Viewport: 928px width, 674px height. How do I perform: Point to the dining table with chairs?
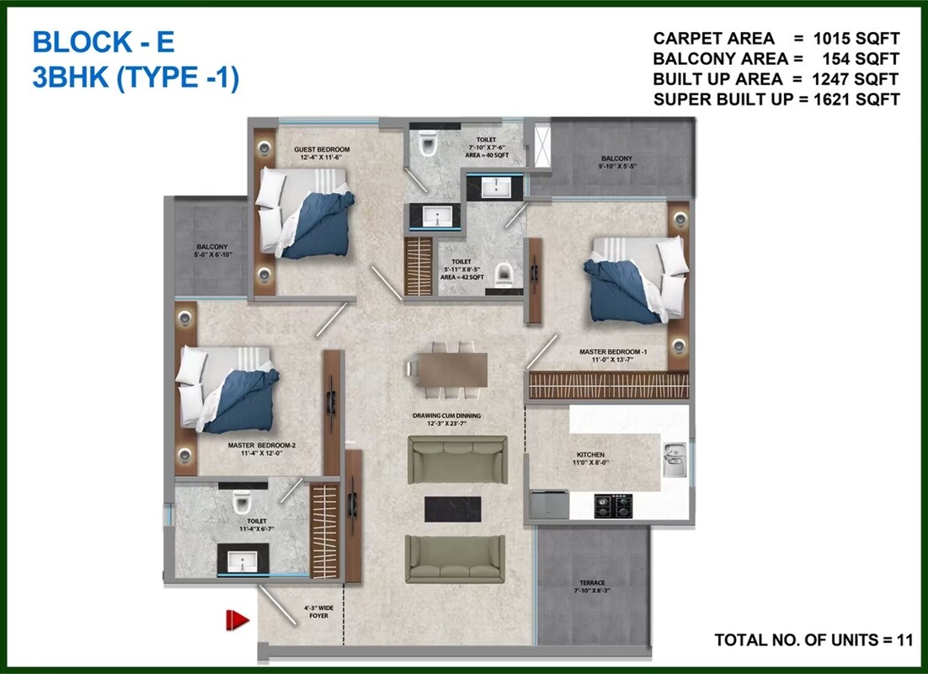click(x=446, y=368)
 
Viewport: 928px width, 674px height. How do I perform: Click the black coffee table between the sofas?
click(x=452, y=507)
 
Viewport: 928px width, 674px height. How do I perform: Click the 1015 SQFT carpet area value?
click(x=856, y=39)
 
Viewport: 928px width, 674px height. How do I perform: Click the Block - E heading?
click(x=103, y=41)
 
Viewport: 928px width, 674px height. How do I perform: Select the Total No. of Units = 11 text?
click(x=813, y=640)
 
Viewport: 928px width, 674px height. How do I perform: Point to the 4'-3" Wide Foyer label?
click(x=317, y=611)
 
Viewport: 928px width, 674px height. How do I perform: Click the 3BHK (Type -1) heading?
click(x=136, y=78)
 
